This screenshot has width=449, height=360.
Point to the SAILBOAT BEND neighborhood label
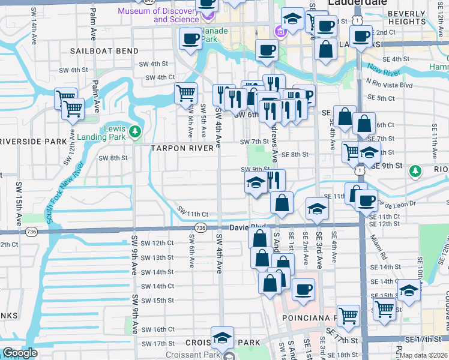(104, 51)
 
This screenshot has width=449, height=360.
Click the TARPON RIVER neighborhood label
(182, 148)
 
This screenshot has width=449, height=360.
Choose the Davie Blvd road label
(248, 227)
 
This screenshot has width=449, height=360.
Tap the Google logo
(20, 353)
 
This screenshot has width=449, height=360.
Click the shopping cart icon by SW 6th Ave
(186, 93)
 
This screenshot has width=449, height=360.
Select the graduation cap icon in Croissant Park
(222, 338)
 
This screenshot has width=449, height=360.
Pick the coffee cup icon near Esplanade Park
(191, 39)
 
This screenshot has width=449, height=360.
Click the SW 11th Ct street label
(192, 213)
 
